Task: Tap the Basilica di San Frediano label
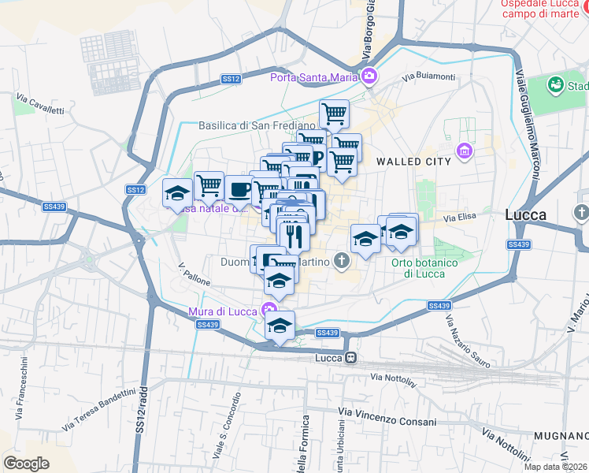(257, 125)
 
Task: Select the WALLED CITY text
(413, 161)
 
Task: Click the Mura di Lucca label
(223, 311)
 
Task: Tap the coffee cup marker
(240, 190)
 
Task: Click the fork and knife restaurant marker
(293, 234)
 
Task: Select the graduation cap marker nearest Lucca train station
(280, 326)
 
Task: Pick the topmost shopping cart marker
(334, 114)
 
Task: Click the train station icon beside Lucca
(350, 358)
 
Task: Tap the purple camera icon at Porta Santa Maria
(369, 76)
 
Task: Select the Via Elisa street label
(461, 217)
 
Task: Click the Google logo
(26, 464)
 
